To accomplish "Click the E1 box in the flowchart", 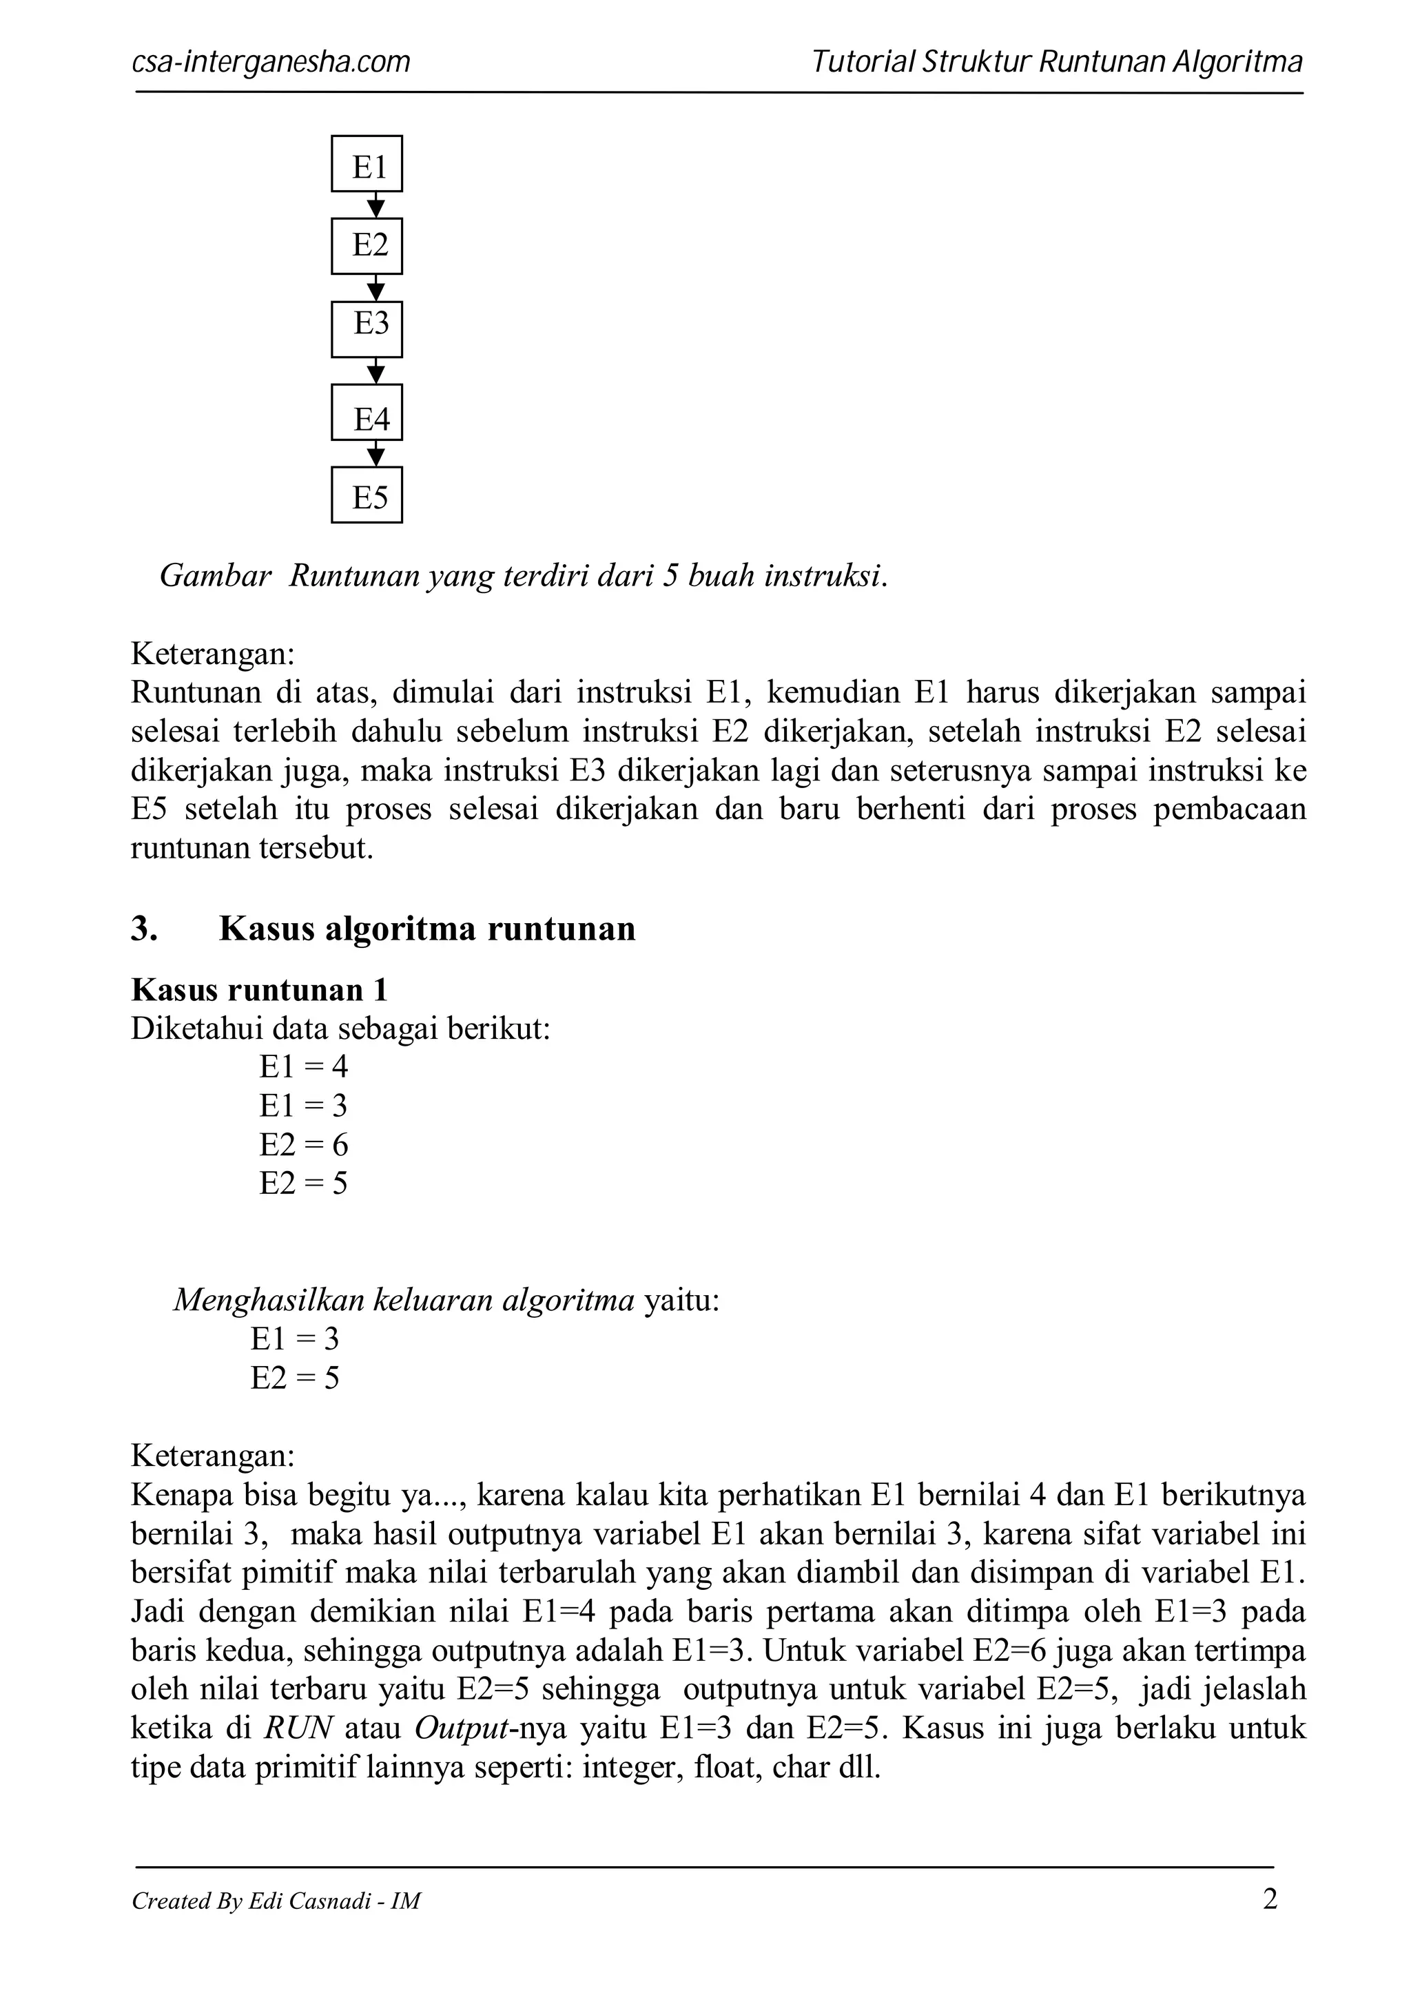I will pos(367,163).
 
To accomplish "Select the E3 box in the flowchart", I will pos(367,329).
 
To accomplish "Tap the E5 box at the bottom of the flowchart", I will pos(367,495).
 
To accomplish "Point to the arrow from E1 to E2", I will pos(375,206).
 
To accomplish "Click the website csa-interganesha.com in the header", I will pos(270,63).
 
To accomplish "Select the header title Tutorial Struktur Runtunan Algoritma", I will pos(1056,63).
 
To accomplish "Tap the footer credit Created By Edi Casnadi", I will pos(276,1901).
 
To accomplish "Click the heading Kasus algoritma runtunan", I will pos(426,929).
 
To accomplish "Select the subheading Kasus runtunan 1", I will pos(259,990).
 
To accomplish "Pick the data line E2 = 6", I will pos(303,1145).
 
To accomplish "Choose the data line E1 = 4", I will pos(303,1067).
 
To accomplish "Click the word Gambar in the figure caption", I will pos(216,575).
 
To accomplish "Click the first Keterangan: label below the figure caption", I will pos(213,654).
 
